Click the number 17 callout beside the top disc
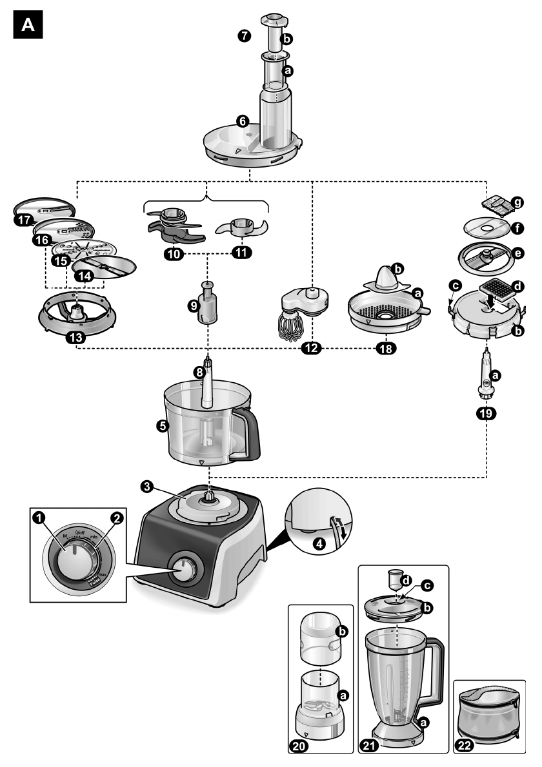24,220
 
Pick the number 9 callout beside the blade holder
192,307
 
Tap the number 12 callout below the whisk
312,348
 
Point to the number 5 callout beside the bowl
163,426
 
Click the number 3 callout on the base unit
148,488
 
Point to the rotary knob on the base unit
186,570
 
